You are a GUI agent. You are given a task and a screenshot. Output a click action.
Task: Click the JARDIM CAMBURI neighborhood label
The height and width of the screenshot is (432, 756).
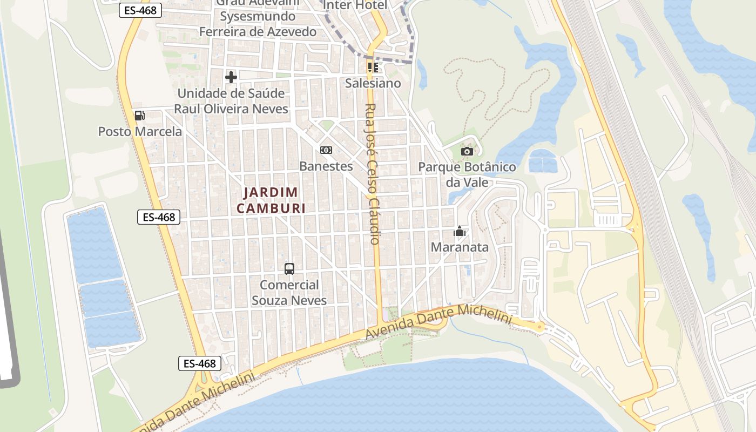click(271, 200)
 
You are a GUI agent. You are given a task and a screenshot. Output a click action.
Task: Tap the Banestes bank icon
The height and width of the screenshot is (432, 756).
click(326, 150)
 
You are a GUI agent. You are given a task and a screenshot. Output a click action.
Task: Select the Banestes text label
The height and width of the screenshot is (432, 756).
click(326, 166)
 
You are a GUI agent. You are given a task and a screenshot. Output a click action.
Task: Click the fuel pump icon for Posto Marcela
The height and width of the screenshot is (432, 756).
click(139, 115)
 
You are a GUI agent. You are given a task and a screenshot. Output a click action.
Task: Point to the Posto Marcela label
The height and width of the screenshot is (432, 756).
click(140, 131)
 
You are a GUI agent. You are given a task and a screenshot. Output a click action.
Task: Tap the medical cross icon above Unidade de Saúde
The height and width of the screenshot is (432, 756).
click(231, 77)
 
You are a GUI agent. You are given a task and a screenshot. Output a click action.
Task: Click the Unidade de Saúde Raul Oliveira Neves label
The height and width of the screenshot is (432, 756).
click(231, 101)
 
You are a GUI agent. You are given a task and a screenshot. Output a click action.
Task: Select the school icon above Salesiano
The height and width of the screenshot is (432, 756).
click(373, 67)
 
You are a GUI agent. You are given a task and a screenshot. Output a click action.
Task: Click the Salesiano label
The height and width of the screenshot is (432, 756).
click(373, 83)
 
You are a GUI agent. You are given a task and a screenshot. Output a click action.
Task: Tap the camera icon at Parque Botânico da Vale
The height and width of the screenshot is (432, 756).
click(467, 151)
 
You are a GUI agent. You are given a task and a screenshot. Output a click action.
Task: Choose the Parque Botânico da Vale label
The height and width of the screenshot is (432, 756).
click(467, 174)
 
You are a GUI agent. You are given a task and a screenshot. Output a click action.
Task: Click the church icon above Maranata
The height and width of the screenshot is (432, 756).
click(460, 232)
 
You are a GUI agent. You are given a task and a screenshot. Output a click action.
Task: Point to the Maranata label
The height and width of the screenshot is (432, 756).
click(460, 247)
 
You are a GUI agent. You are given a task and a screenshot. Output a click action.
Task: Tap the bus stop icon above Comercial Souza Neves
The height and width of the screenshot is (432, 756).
click(289, 268)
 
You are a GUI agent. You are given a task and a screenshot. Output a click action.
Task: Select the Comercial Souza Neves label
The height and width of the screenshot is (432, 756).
click(289, 292)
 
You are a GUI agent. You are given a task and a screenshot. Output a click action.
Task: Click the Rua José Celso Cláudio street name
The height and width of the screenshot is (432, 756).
click(373, 174)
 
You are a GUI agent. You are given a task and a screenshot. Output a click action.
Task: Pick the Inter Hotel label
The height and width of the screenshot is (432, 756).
click(355, 5)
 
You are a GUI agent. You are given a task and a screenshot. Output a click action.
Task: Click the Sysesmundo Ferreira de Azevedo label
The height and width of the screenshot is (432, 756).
click(258, 24)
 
